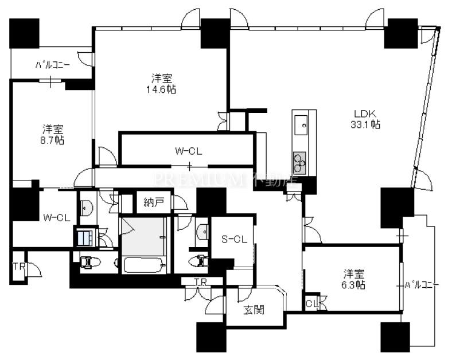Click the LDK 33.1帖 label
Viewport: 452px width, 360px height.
(365, 119)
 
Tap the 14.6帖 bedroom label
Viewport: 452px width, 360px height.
(161, 84)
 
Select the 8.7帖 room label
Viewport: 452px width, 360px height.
(53, 134)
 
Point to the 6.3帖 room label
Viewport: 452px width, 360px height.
(353, 279)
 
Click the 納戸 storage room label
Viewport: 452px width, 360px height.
(154, 202)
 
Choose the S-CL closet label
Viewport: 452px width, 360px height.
(234, 239)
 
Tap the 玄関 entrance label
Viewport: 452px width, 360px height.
(254, 310)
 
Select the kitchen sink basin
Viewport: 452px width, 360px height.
(300, 124)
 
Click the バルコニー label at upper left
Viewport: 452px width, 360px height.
(52, 65)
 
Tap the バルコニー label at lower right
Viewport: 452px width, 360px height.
(422, 285)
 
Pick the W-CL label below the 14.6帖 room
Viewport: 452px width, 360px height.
(189, 151)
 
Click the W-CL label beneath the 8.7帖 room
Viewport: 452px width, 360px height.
(56, 218)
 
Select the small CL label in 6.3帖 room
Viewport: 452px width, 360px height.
(311, 303)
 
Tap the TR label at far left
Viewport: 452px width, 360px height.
(18, 267)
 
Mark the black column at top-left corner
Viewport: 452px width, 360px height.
(24, 33)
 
